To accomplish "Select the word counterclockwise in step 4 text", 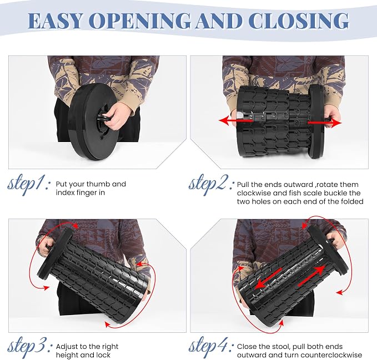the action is pyautogui.click(x=331, y=355).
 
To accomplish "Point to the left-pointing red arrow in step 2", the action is pyautogui.click(x=235, y=120).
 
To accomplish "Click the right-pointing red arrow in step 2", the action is pyautogui.click(x=325, y=123).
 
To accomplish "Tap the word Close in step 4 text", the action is pyautogui.click(x=247, y=347).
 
